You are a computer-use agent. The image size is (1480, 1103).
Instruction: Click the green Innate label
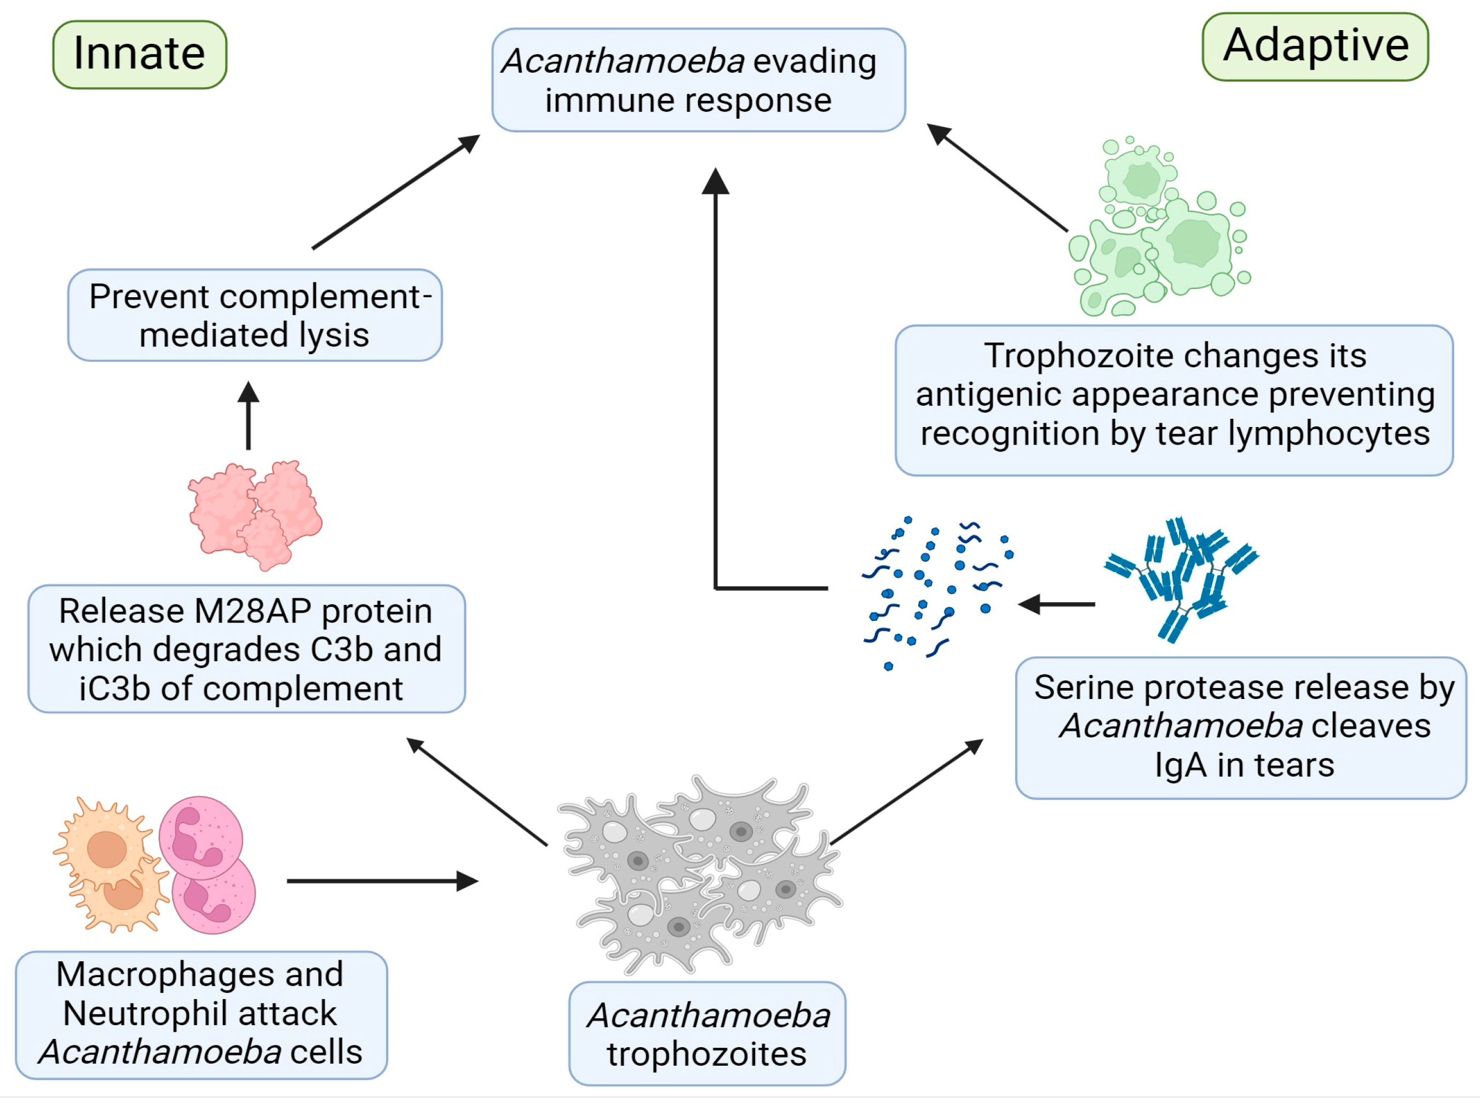point(140,54)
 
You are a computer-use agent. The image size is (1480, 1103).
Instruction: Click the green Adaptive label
point(1315,46)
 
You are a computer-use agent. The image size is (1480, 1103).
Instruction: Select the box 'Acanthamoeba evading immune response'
point(699,80)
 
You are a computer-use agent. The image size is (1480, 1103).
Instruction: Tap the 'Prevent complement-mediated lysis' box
point(255,315)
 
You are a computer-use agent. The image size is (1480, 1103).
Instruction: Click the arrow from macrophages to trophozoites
point(381,881)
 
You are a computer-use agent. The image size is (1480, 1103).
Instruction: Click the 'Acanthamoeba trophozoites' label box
point(707,1033)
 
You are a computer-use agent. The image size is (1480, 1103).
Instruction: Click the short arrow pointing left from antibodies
point(1055,604)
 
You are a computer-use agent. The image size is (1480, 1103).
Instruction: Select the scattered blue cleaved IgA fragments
point(935,591)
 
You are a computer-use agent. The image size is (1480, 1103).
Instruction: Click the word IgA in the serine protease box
point(1180,765)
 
